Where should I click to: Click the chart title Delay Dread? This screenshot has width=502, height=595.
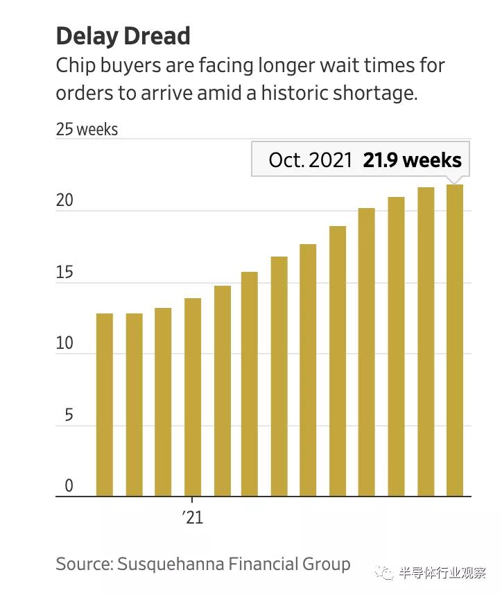[123, 35]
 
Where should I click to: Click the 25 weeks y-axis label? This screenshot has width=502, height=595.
[87, 130]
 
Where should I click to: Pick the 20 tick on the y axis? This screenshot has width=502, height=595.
[64, 200]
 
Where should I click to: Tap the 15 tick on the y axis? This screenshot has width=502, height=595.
[64, 273]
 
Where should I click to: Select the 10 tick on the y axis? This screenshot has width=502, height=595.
[64, 344]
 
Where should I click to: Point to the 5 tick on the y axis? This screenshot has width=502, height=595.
[69, 415]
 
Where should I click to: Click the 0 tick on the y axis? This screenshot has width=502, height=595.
[69, 486]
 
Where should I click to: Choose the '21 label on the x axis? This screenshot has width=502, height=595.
[193, 517]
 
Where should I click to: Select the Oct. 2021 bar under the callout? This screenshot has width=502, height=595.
[455, 340]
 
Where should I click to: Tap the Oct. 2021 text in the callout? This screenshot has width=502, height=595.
[311, 160]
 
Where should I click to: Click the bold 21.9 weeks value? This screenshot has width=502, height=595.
[412, 160]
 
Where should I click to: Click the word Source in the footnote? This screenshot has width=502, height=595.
[82, 564]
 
